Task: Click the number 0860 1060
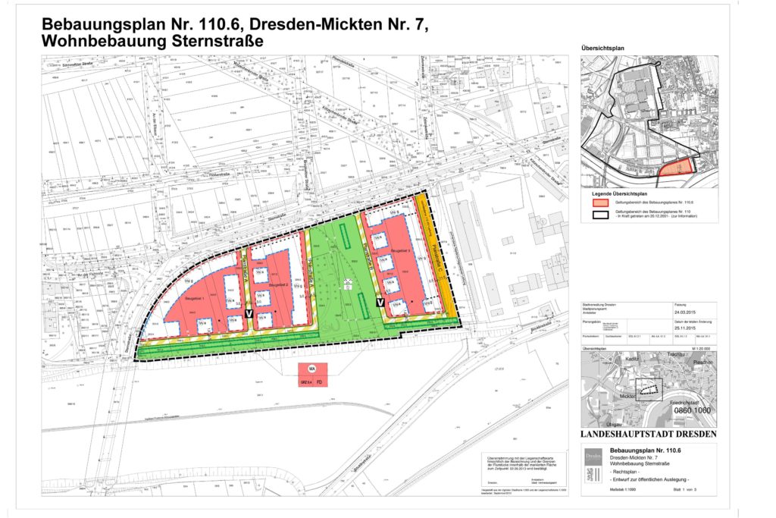[693, 410]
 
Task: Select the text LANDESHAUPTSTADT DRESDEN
[649, 435]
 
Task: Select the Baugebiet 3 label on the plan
[398, 249]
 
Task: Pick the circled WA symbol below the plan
[311, 369]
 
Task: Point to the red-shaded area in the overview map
[675, 167]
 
